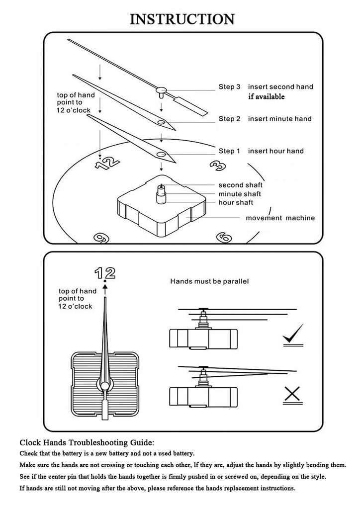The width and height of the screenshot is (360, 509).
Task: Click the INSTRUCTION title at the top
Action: pyautogui.click(x=182, y=19)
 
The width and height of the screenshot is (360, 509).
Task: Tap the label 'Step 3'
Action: pyautogui.click(x=229, y=86)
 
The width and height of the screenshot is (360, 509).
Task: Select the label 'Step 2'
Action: pyautogui.click(x=229, y=119)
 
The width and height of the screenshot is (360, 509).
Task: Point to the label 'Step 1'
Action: pyautogui.click(x=229, y=151)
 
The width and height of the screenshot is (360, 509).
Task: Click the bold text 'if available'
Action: pyautogui.click(x=266, y=96)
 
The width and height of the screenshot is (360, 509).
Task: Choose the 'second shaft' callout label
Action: pyautogui.click(x=240, y=185)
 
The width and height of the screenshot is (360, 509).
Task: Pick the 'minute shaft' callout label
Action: pyautogui.click(x=240, y=194)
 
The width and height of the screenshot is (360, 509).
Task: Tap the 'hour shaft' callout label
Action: pyautogui.click(x=236, y=203)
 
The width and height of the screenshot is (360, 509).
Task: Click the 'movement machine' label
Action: pyautogui.click(x=280, y=218)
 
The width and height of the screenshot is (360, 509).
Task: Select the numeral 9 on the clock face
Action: pyautogui.click(x=101, y=238)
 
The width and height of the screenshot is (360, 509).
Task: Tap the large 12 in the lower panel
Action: pyautogui.click(x=105, y=273)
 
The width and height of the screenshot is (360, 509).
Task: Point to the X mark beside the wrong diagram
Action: pyautogui.click(x=292, y=394)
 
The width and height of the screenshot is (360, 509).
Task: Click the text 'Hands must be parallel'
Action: pyautogui.click(x=209, y=281)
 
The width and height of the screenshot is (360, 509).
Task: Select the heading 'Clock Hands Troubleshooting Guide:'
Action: pyautogui.click(x=87, y=442)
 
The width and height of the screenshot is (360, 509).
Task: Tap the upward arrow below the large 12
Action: pyautogui.click(x=105, y=289)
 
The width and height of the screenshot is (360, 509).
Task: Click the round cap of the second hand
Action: pyautogui.click(x=161, y=89)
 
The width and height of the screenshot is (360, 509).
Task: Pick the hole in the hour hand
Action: pyautogui.click(x=161, y=154)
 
